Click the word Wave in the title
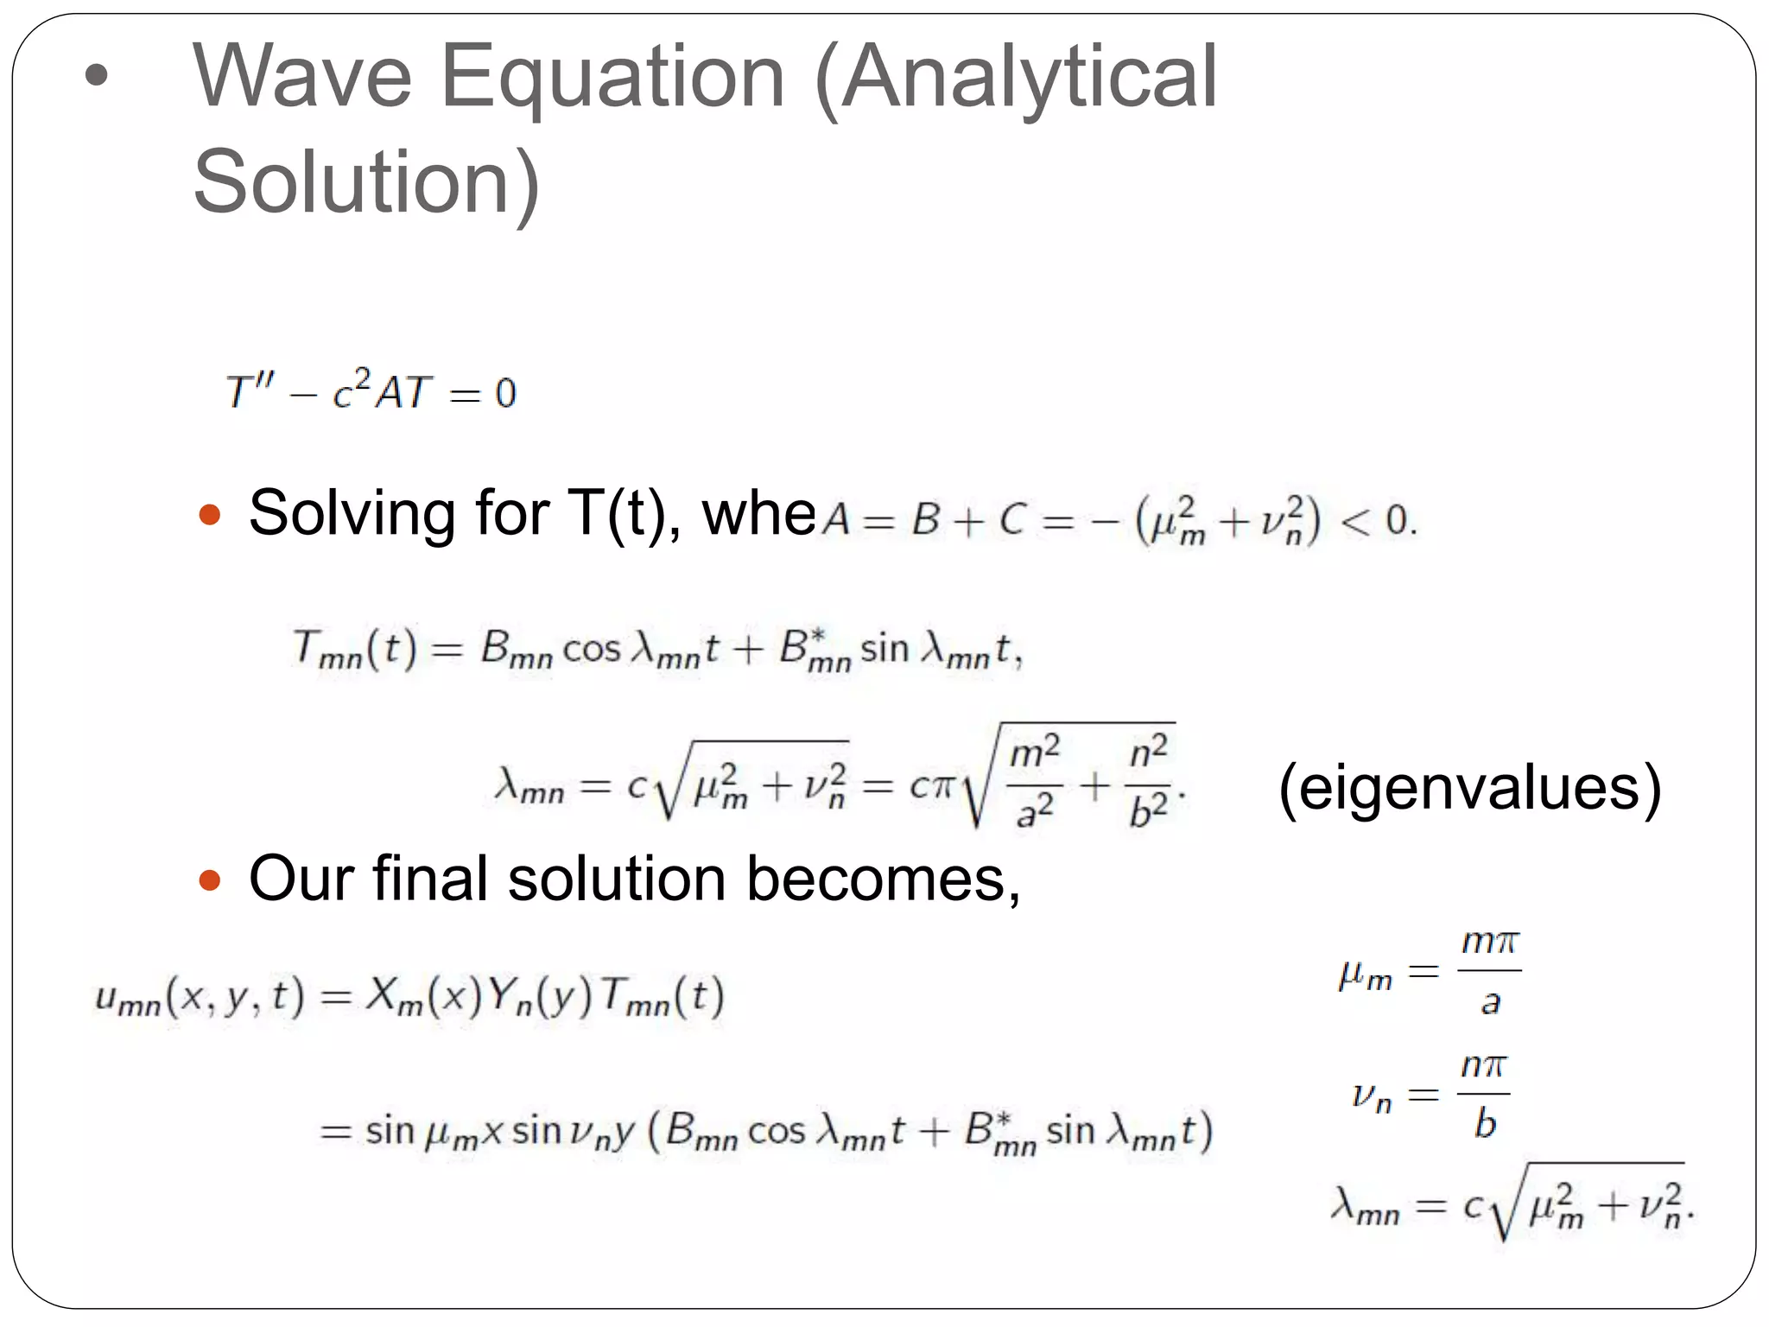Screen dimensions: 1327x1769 302,78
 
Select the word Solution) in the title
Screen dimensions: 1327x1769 366,183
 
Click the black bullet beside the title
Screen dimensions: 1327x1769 97,75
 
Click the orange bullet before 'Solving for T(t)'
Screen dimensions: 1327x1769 210,516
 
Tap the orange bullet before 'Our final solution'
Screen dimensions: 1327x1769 210,880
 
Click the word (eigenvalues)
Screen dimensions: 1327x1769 1469,788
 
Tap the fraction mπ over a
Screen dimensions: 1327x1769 1489,971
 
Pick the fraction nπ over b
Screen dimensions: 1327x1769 1483,1095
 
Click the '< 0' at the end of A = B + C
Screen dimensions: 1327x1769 1379,520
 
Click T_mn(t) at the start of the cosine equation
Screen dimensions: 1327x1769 354,648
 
